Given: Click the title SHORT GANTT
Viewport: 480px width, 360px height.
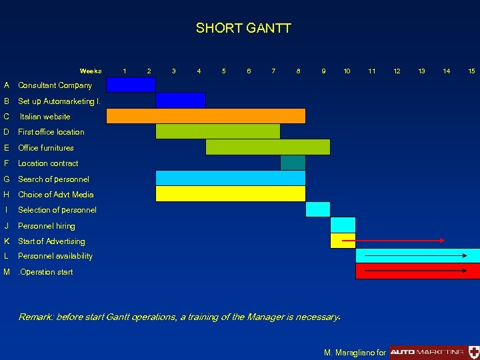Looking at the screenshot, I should (x=243, y=28).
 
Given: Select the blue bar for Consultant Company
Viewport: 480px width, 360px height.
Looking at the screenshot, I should (x=131, y=85).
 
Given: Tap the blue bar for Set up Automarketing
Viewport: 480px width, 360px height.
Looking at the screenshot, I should (x=181, y=101).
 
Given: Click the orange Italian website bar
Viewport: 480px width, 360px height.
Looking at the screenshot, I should (x=206, y=116).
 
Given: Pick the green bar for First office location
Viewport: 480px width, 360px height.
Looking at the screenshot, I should (x=218, y=131).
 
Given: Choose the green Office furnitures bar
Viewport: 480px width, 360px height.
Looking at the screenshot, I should (x=268, y=147).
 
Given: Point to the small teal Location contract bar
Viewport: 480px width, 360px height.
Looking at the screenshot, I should (x=293, y=163).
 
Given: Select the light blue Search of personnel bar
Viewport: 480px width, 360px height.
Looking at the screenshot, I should (x=231, y=178).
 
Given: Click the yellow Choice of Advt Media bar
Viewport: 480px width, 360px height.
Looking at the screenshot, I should (x=231, y=194).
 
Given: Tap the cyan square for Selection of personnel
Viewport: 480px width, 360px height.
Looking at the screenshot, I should (x=318, y=209).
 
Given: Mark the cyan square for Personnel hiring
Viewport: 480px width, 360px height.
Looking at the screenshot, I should (x=343, y=225).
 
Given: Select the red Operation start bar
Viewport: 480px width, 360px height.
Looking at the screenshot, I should (x=417, y=271).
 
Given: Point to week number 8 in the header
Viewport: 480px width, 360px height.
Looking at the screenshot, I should (x=298, y=71).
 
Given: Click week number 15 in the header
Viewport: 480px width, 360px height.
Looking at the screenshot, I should (x=471, y=71).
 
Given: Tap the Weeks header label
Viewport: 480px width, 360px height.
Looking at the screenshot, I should (x=91, y=71).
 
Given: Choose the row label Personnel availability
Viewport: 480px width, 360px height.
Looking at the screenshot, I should (x=55, y=256).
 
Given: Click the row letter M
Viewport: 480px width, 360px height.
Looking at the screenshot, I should (x=6, y=272).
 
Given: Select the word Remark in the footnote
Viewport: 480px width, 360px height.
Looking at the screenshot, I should (x=36, y=317).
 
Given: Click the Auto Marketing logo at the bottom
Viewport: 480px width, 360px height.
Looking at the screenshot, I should (x=427, y=351).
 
